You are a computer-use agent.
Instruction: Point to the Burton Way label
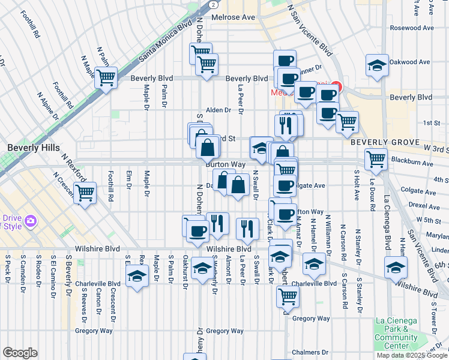pyautogui.click(x=226, y=164)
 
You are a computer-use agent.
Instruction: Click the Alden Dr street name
pyautogui.click(x=218, y=110)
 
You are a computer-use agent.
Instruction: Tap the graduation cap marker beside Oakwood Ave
pyautogui.click(x=376, y=66)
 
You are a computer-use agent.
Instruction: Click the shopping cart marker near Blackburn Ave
pyautogui.click(x=376, y=159)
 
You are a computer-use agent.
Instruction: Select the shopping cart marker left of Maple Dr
pyautogui.click(x=106, y=77)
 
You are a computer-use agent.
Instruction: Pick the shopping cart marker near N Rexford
pyautogui.click(x=85, y=193)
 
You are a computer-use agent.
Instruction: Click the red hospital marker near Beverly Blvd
pyautogui.click(x=336, y=88)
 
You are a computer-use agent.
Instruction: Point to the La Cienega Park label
pyautogui.click(x=396, y=329)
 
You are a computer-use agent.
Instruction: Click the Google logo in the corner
pyautogui.click(x=20, y=353)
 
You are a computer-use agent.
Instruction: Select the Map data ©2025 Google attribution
pyautogui.click(x=411, y=355)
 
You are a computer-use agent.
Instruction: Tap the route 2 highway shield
pyautogui.click(x=212, y=4)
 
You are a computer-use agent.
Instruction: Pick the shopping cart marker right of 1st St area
pyautogui.click(x=347, y=122)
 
